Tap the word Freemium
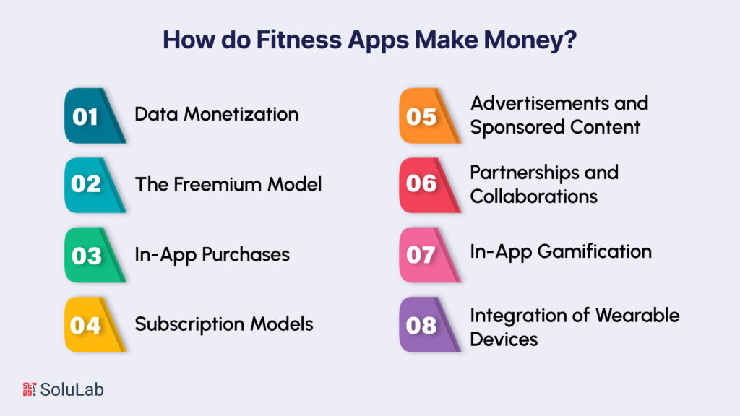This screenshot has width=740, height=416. coord(210,184)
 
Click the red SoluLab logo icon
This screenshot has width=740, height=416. coord(30,389)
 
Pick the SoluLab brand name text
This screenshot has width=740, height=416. coord(72,389)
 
